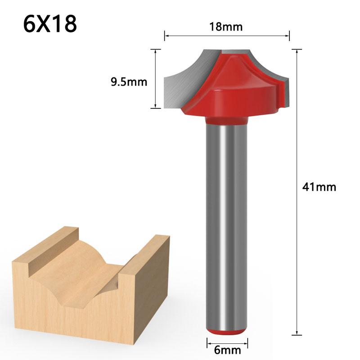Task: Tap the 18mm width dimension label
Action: (x=226, y=27)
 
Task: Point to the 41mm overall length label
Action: (x=319, y=187)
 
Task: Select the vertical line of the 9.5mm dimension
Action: (x=155, y=79)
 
